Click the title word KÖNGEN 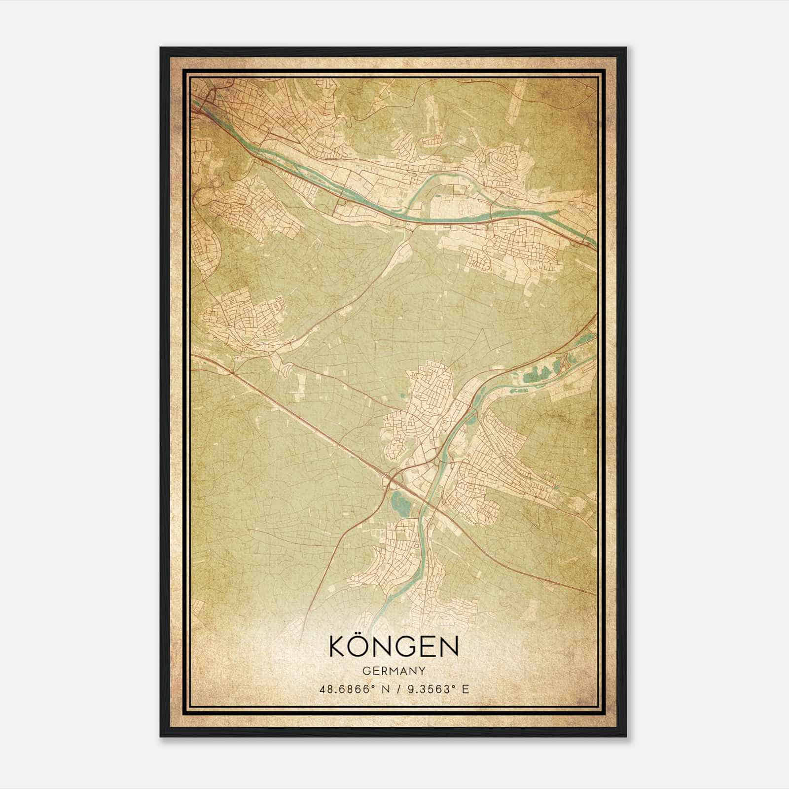[394, 647]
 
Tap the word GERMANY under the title [394, 671]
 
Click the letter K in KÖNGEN [338, 647]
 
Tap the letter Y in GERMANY [423, 671]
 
